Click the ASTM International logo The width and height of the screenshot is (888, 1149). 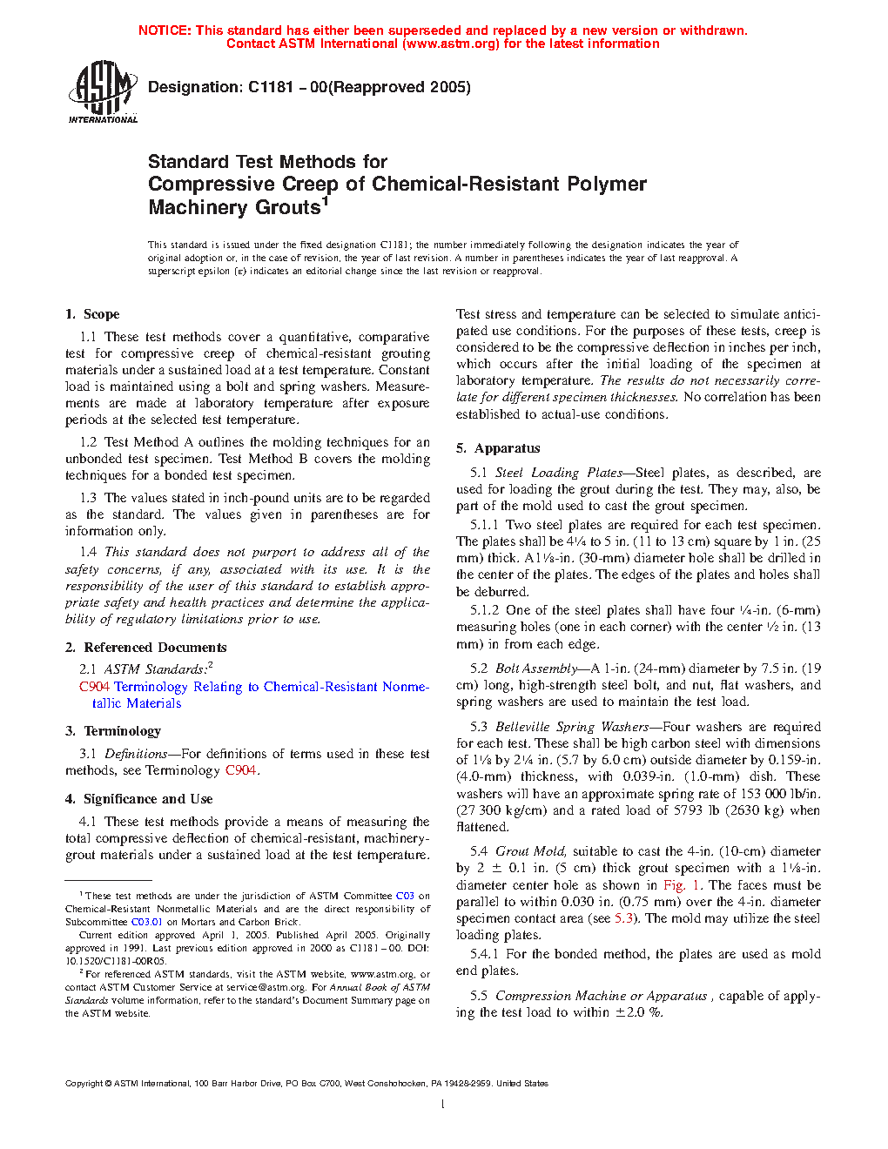103,91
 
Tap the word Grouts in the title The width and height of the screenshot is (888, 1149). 284,208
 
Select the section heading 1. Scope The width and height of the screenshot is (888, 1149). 92,314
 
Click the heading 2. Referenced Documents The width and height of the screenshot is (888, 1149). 146,648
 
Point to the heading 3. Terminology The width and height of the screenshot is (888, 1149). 113,731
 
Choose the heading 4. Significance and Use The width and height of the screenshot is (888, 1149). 139,799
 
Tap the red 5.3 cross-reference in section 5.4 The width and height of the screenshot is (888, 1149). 623,918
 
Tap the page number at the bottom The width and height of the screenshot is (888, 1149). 443,1105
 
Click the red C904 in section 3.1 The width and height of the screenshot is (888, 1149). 240,770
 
